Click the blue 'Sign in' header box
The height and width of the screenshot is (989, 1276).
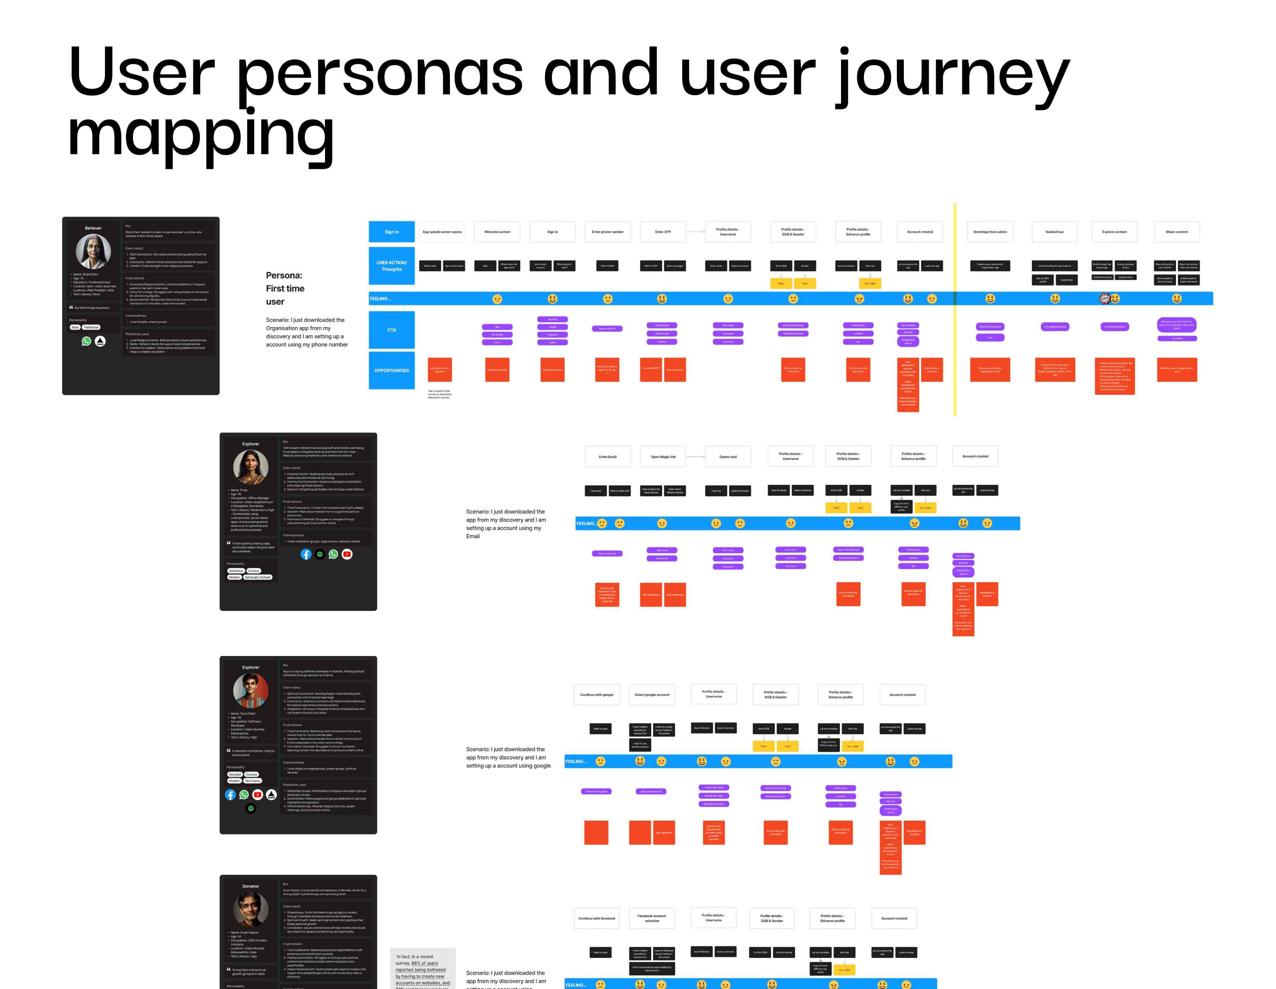[x=391, y=232]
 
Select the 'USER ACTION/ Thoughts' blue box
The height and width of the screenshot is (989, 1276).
[x=391, y=266]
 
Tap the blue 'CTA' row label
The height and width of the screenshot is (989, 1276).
[x=391, y=330]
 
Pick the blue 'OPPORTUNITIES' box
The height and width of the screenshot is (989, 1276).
[x=391, y=370]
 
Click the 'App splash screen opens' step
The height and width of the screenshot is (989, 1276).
[x=442, y=232]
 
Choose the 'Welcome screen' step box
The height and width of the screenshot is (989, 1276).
[x=497, y=232]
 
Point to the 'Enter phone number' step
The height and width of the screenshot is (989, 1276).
[x=608, y=232]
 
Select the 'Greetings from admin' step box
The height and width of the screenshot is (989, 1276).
[x=990, y=232]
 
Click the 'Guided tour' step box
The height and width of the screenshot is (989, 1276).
[x=1055, y=232]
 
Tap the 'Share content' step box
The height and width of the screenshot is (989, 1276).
[x=1177, y=232]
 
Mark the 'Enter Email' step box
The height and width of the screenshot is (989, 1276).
[x=608, y=457]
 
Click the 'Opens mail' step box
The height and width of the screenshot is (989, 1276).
[x=728, y=457]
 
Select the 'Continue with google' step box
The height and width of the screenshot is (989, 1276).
[x=596, y=695]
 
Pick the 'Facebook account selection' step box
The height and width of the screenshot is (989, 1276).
[x=652, y=918]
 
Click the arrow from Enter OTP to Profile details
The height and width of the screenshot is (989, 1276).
[x=695, y=232]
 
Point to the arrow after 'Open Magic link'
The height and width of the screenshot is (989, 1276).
[x=695, y=457]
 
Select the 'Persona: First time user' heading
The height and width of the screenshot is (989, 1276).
[x=285, y=288]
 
